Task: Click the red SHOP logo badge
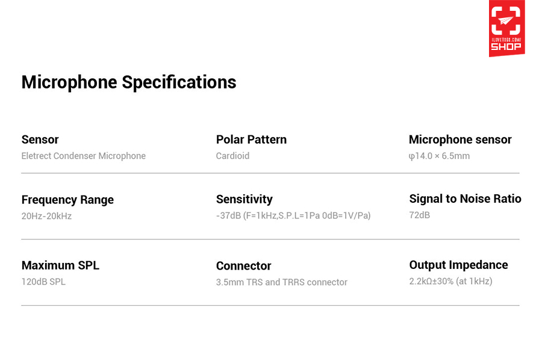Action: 506,28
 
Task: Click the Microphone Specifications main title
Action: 129,82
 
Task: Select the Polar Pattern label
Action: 251,140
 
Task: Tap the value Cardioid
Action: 232,156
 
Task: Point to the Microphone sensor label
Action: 460,140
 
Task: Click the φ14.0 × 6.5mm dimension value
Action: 439,156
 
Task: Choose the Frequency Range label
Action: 67,200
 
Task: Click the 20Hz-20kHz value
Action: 46,216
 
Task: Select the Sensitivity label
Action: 245,199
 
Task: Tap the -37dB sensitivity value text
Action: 293,216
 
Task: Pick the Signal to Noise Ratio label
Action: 466,199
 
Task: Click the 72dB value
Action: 419,215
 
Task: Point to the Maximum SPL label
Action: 60,265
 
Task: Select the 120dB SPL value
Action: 43,282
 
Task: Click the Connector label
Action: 243,266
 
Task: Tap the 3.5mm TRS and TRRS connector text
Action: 281,282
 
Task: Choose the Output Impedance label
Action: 458,265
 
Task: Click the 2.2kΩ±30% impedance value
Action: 450,281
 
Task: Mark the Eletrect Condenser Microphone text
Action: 83,156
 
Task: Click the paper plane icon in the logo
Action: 506,20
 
